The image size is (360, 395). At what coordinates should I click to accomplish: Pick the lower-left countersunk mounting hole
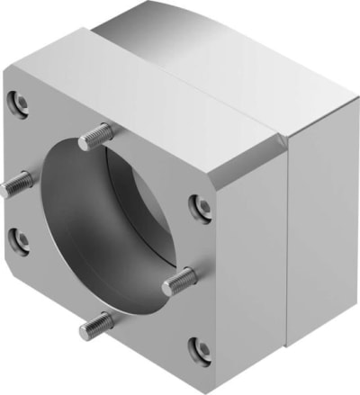[x=19, y=240]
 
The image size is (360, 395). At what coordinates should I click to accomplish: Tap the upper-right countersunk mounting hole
[x=203, y=208]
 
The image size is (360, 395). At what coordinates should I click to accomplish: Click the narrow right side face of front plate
[x=252, y=261]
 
